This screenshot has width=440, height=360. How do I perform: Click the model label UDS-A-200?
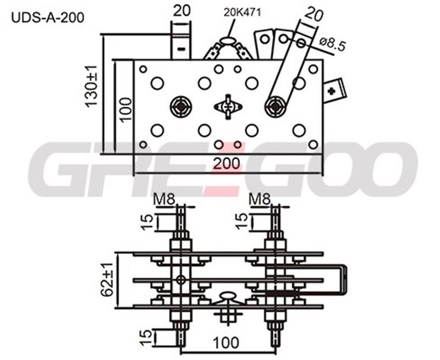point(48,18)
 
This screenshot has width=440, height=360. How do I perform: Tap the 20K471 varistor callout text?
point(242,12)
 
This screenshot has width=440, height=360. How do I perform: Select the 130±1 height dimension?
point(91,86)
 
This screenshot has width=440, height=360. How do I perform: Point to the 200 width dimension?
point(227,163)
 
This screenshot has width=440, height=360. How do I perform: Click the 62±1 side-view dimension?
point(107,280)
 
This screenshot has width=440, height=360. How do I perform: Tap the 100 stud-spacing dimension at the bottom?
point(226,342)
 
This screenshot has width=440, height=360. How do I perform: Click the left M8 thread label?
point(164,200)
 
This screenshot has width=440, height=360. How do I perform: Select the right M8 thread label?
point(260,200)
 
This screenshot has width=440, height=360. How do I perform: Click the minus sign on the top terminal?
point(182,49)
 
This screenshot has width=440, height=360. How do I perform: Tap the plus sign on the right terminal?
point(332,91)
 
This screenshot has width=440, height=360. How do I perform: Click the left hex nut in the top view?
point(182,107)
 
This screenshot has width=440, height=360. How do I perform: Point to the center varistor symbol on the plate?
point(228,107)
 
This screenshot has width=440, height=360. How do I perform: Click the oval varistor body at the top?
point(228,41)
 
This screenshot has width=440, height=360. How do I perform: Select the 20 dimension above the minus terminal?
point(182,10)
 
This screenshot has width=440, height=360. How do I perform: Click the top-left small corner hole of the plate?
point(143,69)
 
